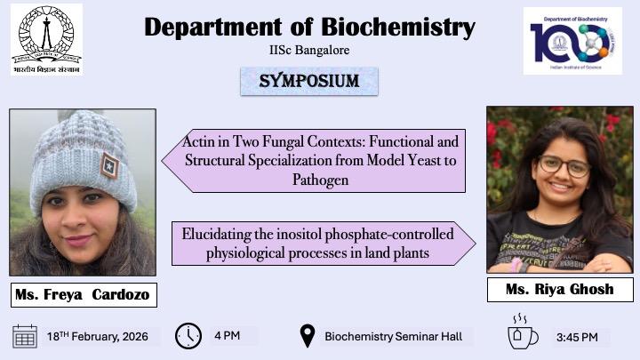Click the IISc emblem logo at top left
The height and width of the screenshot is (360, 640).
[x=46, y=39]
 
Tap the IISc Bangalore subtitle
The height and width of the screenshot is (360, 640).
[x=309, y=51]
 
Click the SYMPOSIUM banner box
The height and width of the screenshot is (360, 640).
[x=309, y=81]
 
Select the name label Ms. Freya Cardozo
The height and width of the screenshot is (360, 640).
[x=84, y=294]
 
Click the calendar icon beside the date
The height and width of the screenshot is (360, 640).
[x=25, y=336]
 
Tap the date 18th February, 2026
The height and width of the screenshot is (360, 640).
[x=97, y=336]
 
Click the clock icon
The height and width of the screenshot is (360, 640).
[x=188, y=336]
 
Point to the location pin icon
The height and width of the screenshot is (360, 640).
[x=308, y=336]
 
